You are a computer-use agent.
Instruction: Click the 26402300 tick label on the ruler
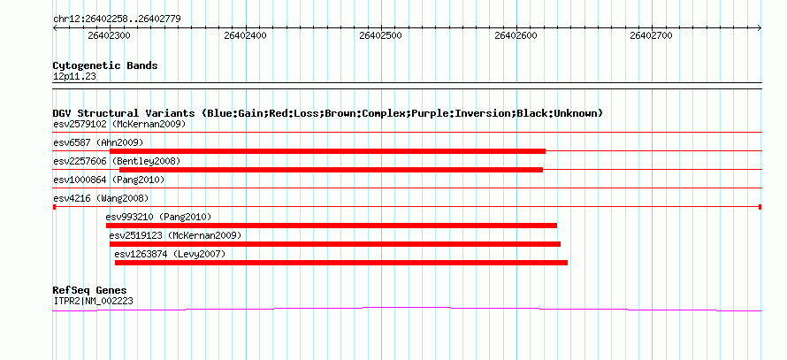109,35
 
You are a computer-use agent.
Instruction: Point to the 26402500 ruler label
380,35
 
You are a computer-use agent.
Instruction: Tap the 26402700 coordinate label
651,35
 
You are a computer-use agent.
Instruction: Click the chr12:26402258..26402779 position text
117,19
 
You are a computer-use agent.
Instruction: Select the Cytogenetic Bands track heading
105,65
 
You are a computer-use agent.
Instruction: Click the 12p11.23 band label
74,77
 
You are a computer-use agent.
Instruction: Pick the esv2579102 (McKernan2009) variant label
119,124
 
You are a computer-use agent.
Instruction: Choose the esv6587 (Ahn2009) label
98,142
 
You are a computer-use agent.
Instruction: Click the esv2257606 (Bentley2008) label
117,161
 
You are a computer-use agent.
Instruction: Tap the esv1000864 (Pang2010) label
109,180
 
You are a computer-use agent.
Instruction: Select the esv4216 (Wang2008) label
101,198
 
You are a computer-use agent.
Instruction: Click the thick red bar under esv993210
332,226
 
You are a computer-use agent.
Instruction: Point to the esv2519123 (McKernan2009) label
175,235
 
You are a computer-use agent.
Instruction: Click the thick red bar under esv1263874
341,263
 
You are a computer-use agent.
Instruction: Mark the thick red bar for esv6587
327,151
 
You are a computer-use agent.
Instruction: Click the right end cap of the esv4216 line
760,207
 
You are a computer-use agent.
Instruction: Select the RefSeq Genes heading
89,290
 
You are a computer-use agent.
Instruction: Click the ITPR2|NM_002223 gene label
93,302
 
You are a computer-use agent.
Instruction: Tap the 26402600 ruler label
516,35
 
